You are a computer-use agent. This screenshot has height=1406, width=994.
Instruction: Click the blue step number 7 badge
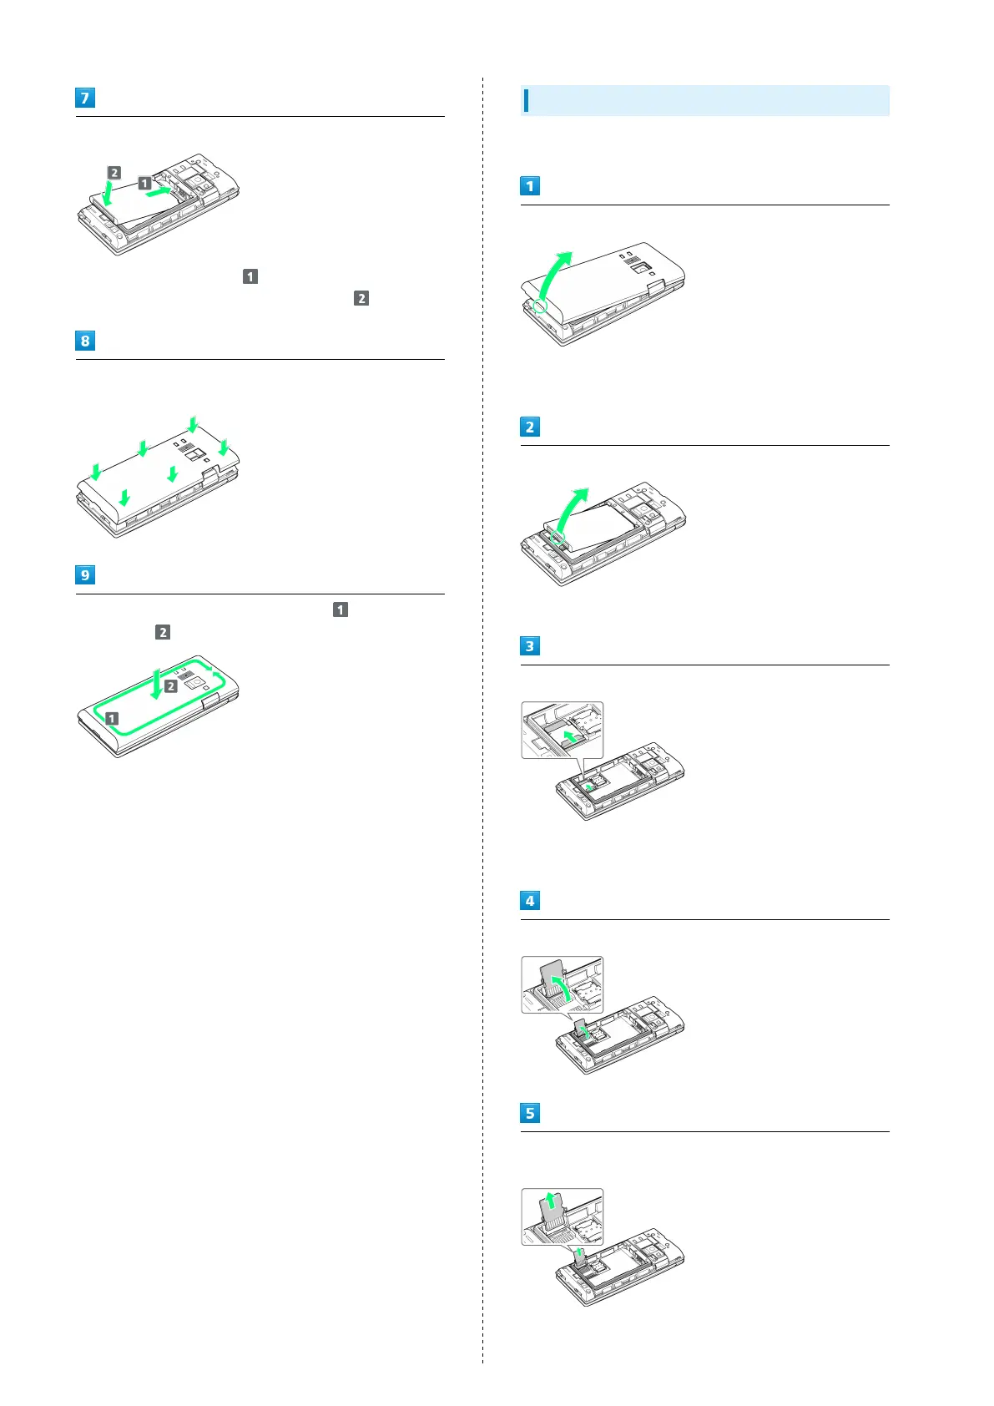pos(84,98)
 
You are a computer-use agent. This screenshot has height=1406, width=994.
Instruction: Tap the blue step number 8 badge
pos(84,341)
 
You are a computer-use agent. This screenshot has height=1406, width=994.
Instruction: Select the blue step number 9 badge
pos(84,575)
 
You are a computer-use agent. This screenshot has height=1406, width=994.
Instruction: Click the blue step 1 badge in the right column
pos(530,186)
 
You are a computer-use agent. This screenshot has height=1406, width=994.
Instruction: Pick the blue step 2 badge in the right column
pos(530,427)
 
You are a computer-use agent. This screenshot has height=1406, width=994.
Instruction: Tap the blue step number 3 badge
pos(530,646)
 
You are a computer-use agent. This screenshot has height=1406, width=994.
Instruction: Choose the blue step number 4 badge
pos(530,901)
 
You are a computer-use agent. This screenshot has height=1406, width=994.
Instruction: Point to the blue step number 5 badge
pos(530,1113)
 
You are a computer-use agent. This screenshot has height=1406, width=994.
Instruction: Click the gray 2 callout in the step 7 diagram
pos(114,173)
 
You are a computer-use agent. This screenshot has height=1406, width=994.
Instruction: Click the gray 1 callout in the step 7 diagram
pos(144,183)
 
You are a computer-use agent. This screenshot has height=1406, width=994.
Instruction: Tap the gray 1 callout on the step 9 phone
pos(112,718)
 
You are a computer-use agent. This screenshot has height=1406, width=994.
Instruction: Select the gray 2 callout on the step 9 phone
pos(170,686)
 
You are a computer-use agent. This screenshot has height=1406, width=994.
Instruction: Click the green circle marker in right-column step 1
pos(540,306)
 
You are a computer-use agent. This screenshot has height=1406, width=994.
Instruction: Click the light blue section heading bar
pos(704,100)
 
